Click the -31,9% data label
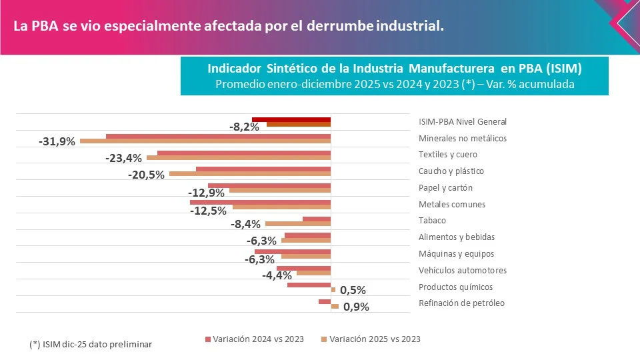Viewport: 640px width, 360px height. tap(57, 142)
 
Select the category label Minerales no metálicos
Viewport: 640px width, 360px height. tap(463, 139)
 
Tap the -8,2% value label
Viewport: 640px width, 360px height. tap(244, 127)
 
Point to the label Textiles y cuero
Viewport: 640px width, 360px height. tap(448, 155)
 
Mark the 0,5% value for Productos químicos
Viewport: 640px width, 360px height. tap(353, 291)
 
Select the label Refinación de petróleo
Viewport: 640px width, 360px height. tap(461, 303)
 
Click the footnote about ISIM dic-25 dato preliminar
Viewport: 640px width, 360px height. tap(91, 345)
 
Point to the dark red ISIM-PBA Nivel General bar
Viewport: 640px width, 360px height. tap(291, 120)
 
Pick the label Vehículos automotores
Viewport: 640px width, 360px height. tap(463, 271)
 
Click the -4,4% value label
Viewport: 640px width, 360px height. tap(277, 275)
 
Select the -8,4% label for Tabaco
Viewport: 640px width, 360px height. tap(245, 225)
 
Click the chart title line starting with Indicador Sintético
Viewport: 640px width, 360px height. tap(395, 69)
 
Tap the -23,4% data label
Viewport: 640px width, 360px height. tap(124, 159)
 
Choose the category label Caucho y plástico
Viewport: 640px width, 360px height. tap(451, 171)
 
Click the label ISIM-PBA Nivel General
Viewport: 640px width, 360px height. tap(463, 122)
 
